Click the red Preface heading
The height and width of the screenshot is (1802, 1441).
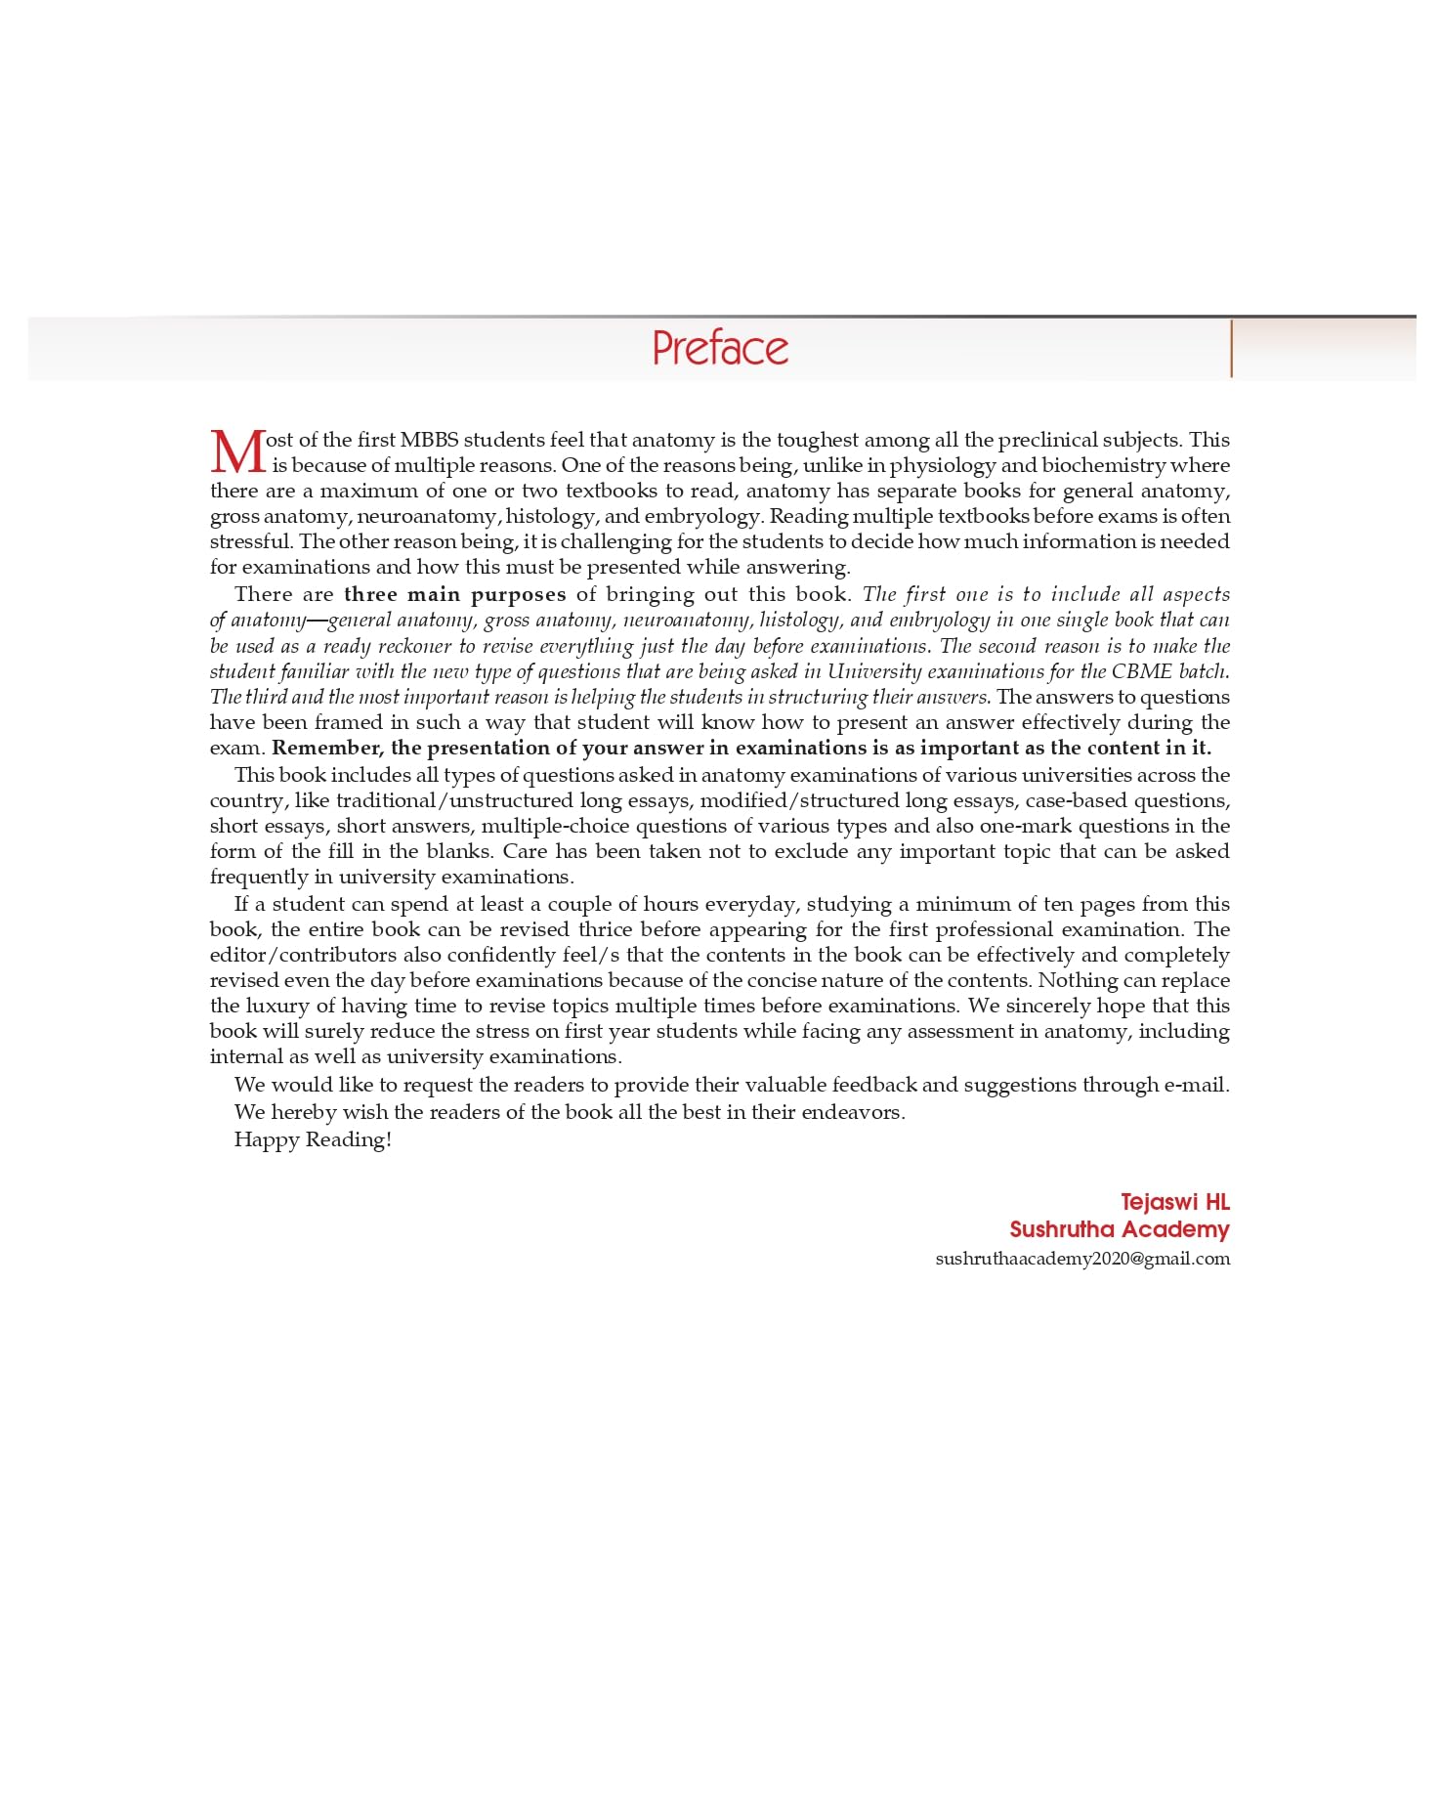click(720, 348)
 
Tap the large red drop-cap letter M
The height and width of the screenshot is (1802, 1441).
click(237, 452)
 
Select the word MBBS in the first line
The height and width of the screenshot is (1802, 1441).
click(429, 440)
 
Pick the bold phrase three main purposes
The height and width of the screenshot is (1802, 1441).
click(454, 594)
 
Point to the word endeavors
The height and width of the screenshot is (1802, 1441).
click(852, 1112)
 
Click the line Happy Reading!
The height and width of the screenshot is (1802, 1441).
click(313, 1139)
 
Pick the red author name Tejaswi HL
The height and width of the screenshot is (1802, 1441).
click(1174, 1202)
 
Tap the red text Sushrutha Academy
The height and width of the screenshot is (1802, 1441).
click(1119, 1229)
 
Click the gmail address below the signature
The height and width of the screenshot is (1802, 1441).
click(1082, 1259)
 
